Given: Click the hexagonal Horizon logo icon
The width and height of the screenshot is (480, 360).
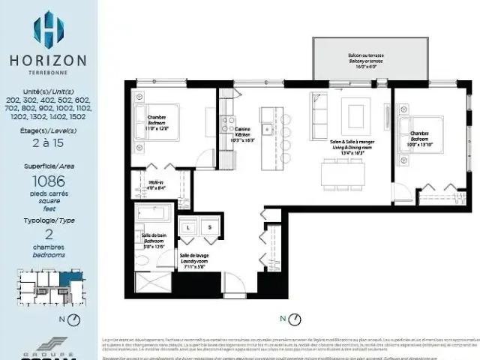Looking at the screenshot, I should (x=49, y=28).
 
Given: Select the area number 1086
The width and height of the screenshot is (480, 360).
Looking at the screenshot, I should (x=49, y=181).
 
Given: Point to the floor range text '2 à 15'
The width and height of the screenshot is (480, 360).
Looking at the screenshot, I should (x=49, y=142).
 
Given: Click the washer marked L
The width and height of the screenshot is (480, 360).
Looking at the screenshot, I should (x=187, y=227).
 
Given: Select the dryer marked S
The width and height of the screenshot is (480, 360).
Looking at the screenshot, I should (x=210, y=227).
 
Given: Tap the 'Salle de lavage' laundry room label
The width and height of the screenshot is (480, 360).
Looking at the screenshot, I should (x=193, y=259).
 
